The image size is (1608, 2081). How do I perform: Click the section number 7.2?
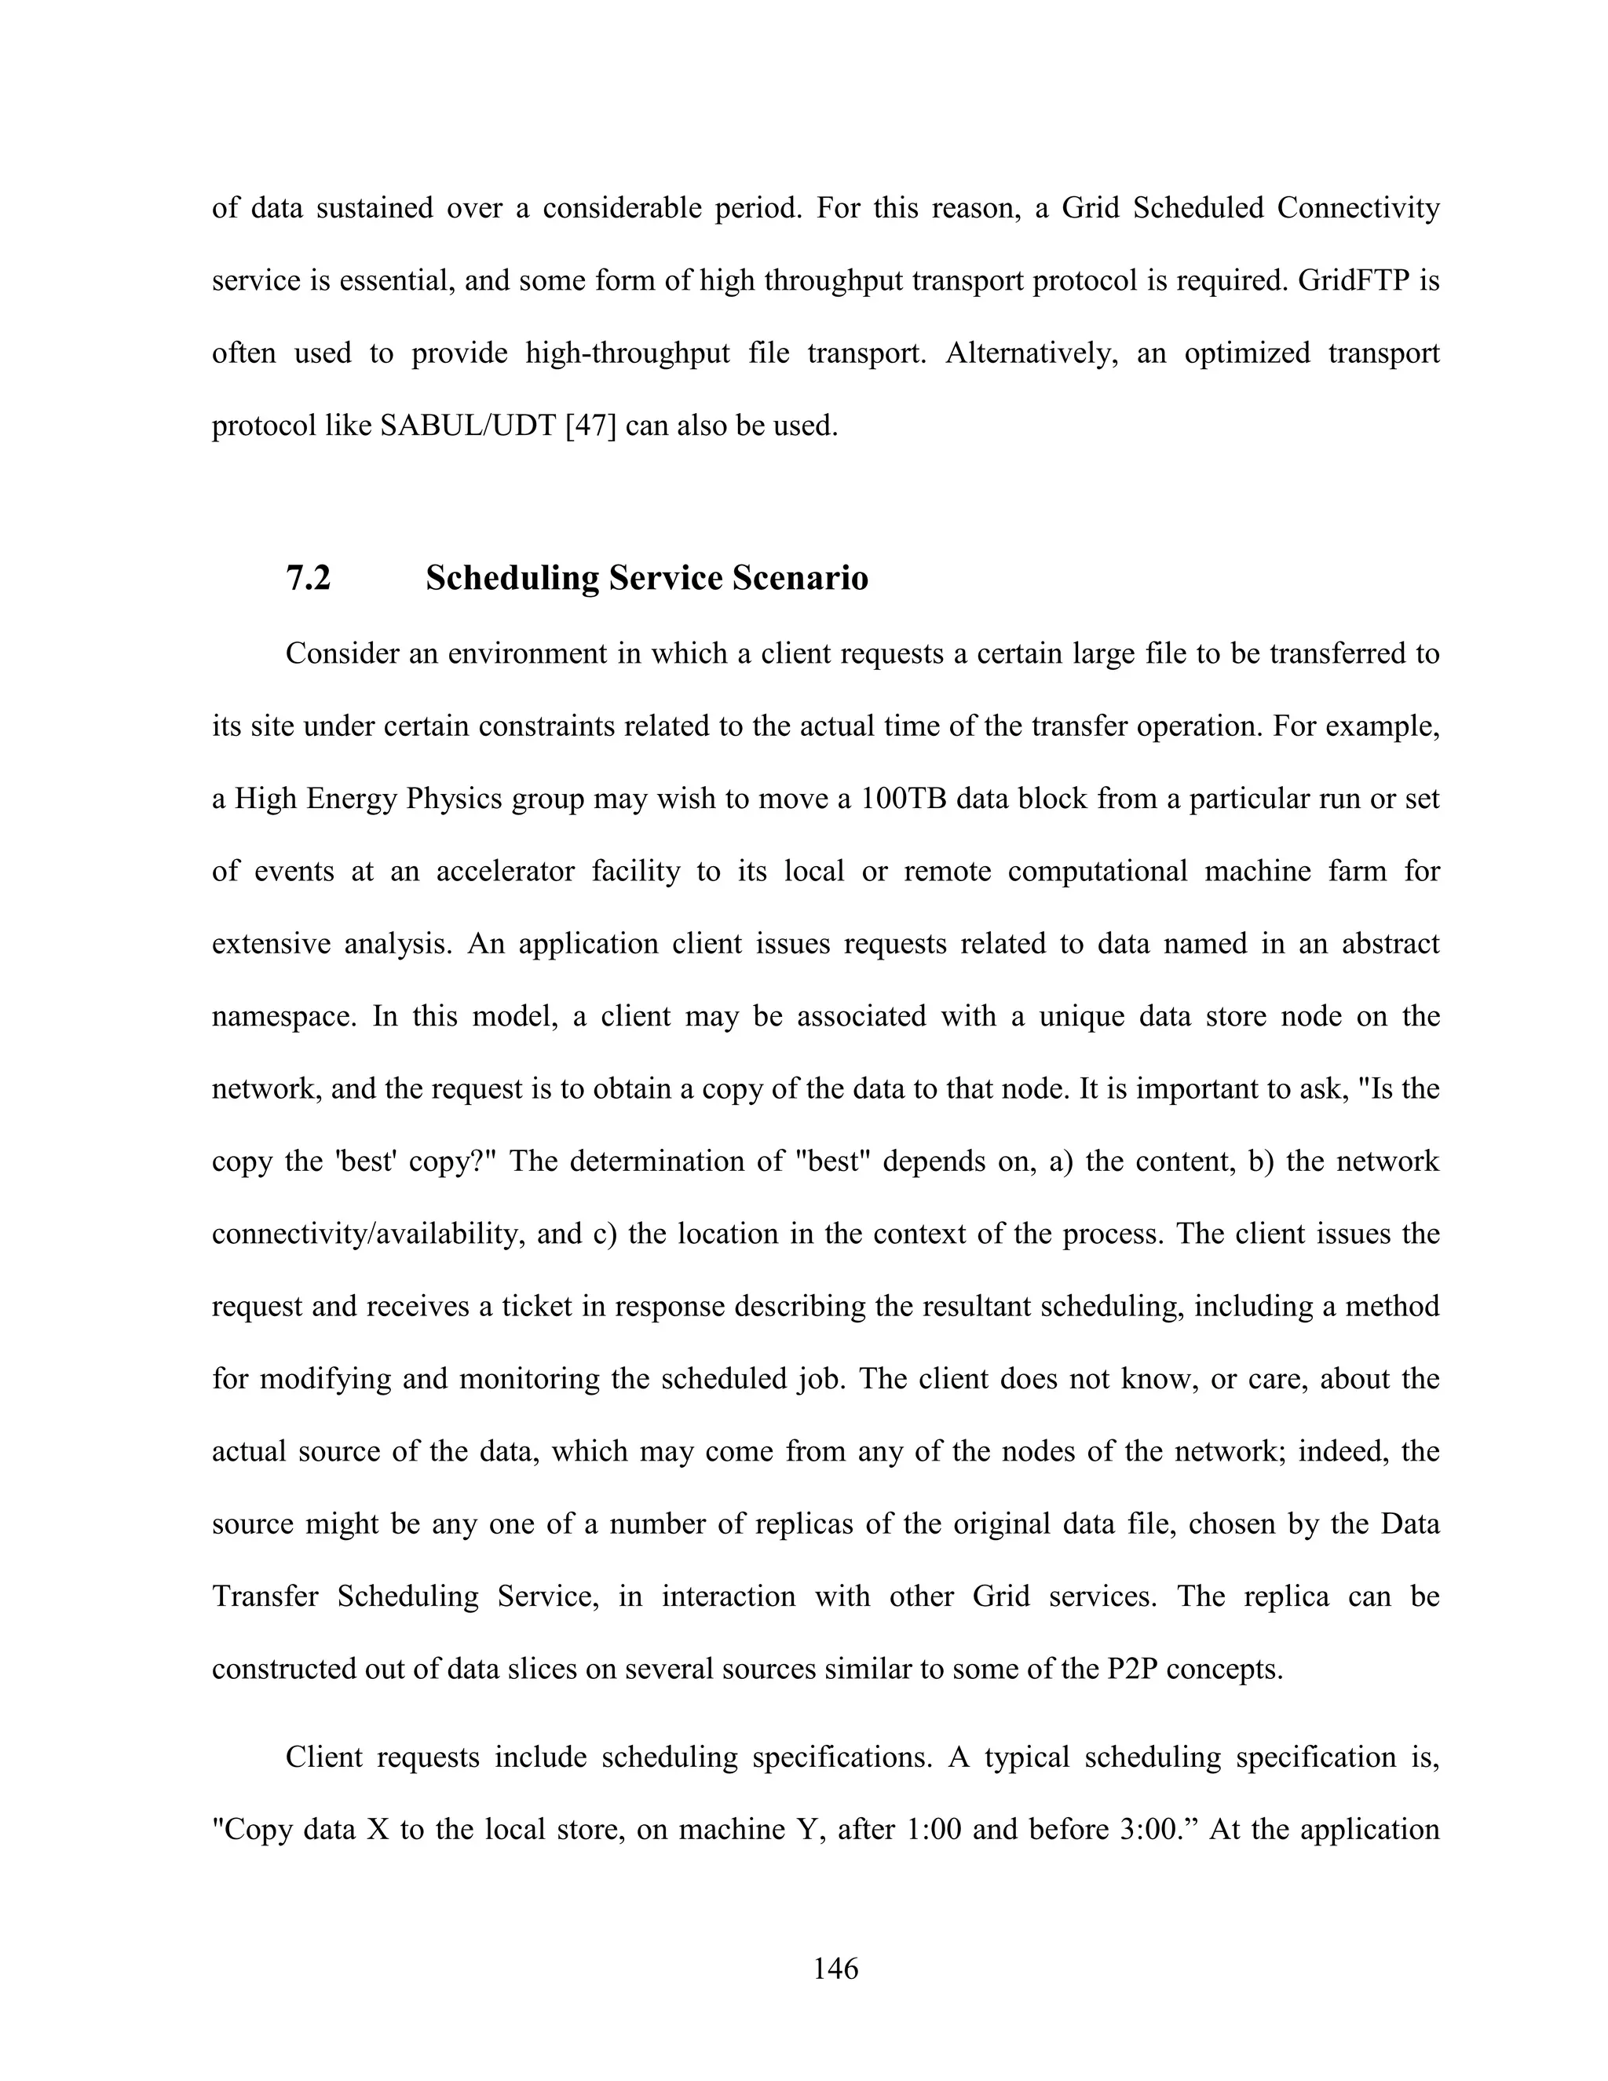(308, 579)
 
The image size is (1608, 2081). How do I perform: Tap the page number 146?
(835, 1968)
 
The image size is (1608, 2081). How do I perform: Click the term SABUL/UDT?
(468, 426)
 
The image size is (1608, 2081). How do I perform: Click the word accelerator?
(505, 871)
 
